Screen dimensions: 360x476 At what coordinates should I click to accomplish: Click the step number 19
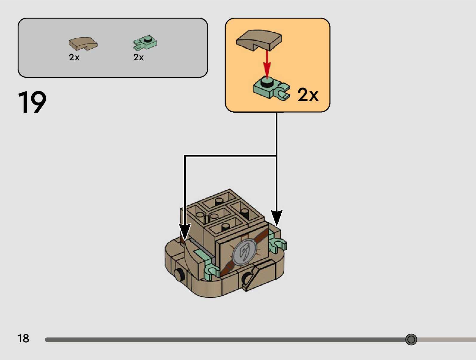32,102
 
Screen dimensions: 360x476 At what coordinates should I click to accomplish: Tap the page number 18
23,338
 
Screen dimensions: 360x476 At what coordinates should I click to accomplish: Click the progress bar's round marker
411,339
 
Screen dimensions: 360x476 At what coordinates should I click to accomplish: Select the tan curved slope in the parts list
83,44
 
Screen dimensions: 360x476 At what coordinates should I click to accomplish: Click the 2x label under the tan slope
74,57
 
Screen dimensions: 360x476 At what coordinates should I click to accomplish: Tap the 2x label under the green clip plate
139,57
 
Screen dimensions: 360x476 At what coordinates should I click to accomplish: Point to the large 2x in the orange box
308,95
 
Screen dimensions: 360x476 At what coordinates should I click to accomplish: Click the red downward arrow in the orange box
267,64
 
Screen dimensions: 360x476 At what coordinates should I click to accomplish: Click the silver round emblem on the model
245,253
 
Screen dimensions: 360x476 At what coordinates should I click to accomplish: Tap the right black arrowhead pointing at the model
277,217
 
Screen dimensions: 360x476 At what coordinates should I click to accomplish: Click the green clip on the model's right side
277,242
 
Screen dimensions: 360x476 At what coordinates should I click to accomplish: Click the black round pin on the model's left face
179,274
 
